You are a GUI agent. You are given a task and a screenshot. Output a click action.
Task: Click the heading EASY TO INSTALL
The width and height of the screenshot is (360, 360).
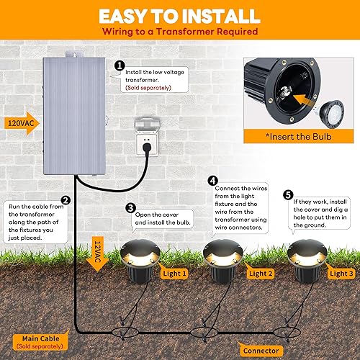(180, 16)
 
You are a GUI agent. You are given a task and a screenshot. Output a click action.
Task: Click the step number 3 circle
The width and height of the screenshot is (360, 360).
(130, 209)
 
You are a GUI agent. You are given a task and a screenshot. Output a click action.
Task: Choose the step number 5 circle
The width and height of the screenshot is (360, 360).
(288, 194)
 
